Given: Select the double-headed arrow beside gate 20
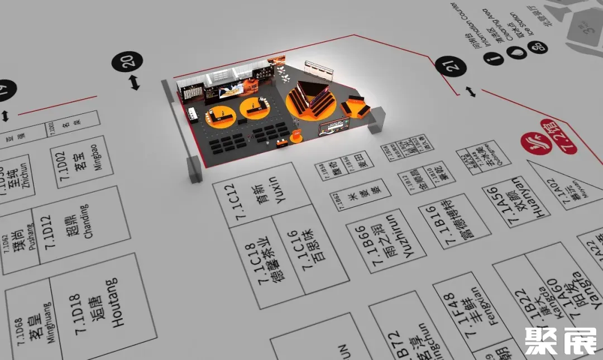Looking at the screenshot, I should click(x=134, y=83).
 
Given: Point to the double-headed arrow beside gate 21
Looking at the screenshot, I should click(x=472, y=92).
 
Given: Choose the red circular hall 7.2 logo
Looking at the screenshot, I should click(x=531, y=142).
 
